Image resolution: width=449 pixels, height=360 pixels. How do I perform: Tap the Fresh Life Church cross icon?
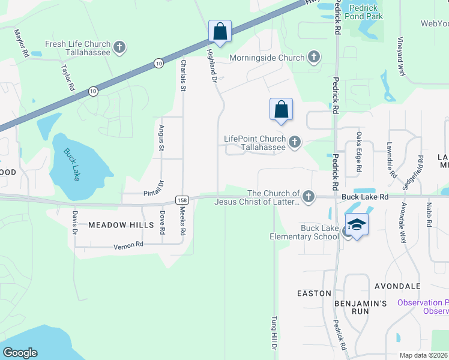pyautogui.click(x=119, y=47)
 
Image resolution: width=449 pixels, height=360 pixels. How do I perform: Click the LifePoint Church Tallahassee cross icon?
pyautogui.click(x=294, y=142)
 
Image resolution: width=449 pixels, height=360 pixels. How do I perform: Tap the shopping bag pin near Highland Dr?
pyautogui.click(x=220, y=31)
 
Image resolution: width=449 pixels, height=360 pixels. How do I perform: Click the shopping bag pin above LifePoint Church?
pyautogui.click(x=281, y=109)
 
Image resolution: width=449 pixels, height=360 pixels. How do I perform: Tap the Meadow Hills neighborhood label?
pyautogui.click(x=113, y=225)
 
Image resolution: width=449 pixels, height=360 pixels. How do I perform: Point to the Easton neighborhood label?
pyautogui.click(x=314, y=293)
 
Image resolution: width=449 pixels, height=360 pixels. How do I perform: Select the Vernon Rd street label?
pyautogui.click(x=128, y=245)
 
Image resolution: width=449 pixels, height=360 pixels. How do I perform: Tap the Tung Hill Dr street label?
pyautogui.click(x=274, y=333)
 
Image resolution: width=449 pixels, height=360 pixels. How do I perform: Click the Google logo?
pyautogui.click(x=20, y=352)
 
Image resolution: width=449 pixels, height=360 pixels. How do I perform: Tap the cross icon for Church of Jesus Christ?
pyautogui.click(x=308, y=197)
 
